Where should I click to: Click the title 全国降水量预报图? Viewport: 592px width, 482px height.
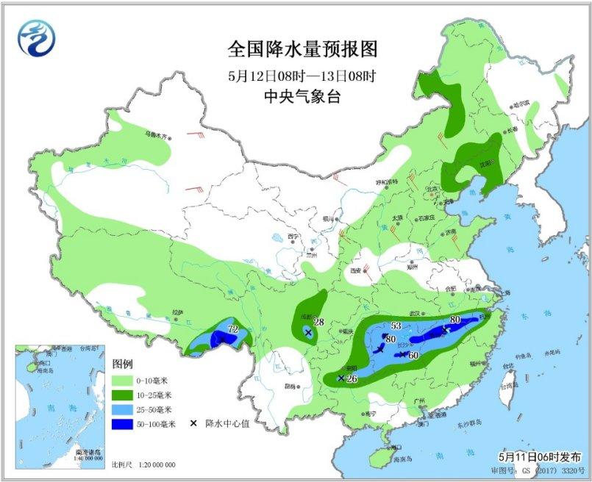pos(302,49)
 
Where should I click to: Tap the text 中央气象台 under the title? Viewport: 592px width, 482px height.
pos(302,96)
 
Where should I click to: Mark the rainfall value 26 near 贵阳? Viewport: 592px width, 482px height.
pos(351,379)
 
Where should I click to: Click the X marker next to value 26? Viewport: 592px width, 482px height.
pos(340,378)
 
